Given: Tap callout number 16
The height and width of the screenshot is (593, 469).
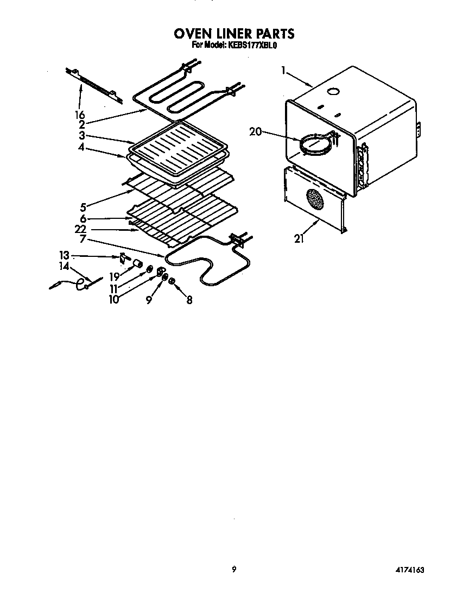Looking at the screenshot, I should click(x=80, y=115).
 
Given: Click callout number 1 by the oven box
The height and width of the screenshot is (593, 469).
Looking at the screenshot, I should click(x=283, y=70).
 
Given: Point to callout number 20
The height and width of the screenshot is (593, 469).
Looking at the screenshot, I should click(x=256, y=131).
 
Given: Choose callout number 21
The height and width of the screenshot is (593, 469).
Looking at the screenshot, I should click(x=299, y=238).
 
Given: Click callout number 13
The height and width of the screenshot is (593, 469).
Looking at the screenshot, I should click(x=65, y=255).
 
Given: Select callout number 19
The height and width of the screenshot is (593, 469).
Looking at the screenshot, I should click(x=113, y=276).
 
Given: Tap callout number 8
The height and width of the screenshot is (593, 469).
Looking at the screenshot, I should click(x=189, y=299).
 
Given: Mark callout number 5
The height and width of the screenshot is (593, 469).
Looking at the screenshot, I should click(x=83, y=206).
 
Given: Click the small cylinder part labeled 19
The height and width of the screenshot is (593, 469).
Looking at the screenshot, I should click(x=138, y=264).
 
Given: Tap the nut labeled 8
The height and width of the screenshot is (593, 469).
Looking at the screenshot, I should click(x=172, y=281).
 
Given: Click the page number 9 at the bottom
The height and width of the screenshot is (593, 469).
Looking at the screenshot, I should click(x=233, y=569).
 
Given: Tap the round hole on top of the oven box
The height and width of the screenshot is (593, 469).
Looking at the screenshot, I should click(x=334, y=92).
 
